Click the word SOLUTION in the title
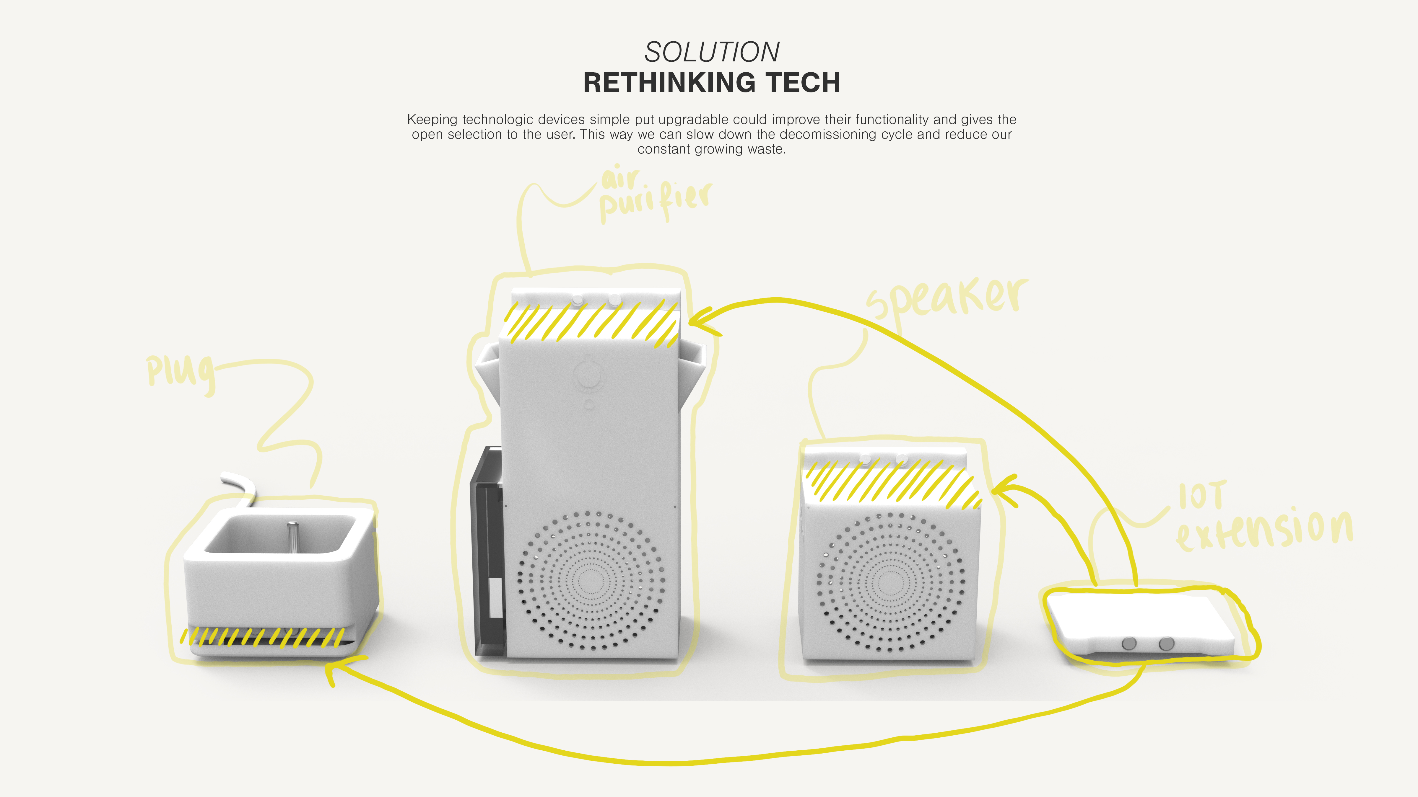712,52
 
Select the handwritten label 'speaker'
947,297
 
